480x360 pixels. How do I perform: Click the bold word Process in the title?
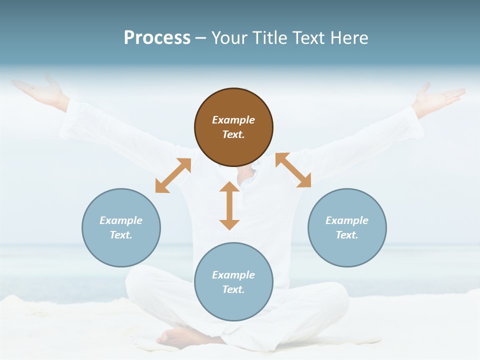157,38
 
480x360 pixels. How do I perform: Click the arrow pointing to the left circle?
173,175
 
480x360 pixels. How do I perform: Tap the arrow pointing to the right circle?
293,170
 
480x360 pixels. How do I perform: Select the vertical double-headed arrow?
229,205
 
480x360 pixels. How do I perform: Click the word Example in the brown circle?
233,120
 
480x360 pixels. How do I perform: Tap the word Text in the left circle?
121,235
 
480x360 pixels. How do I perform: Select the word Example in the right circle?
347,220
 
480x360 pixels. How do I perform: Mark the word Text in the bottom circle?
233,289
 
